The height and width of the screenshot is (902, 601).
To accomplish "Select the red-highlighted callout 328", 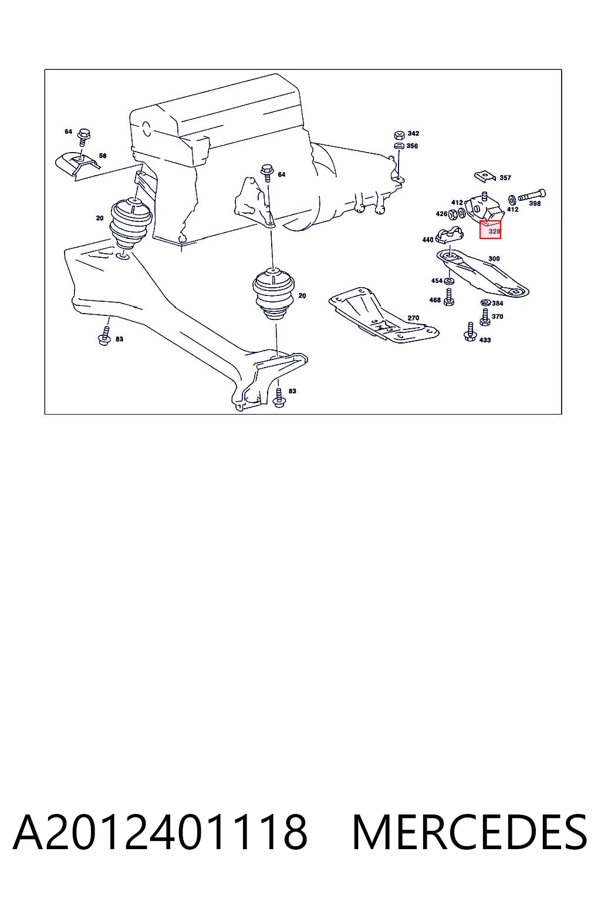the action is tap(490, 230).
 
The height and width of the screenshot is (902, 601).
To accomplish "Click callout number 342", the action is tap(413, 133).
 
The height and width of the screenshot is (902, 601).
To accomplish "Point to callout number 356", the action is tap(412, 146).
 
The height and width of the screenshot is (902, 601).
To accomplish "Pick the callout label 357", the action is tap(505, 177).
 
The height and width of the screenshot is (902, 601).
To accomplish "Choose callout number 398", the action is tap(534, 203).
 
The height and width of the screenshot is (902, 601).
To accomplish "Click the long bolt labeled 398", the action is tap(532, 196).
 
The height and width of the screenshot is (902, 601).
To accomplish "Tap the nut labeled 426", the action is tap(453, 214).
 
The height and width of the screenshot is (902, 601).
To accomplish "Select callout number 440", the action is tap(427, 240).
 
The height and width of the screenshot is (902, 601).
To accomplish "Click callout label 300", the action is tap(494, 258).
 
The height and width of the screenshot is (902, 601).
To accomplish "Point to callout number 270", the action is tap(413, 318).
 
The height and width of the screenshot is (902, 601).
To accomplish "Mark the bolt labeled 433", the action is tap(470, 332).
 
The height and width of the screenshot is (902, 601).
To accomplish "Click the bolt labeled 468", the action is tap(449, 297).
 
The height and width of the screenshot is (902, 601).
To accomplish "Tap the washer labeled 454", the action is tap(449, 280).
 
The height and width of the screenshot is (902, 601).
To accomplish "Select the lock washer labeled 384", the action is tap(485, 302).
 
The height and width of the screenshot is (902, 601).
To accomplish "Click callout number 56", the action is tap(103, 156).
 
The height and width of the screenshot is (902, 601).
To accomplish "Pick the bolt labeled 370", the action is tap(485, 317).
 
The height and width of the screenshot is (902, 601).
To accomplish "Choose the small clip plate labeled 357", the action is tap(486, 176).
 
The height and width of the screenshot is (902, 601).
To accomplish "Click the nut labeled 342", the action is tap(399, 134).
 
